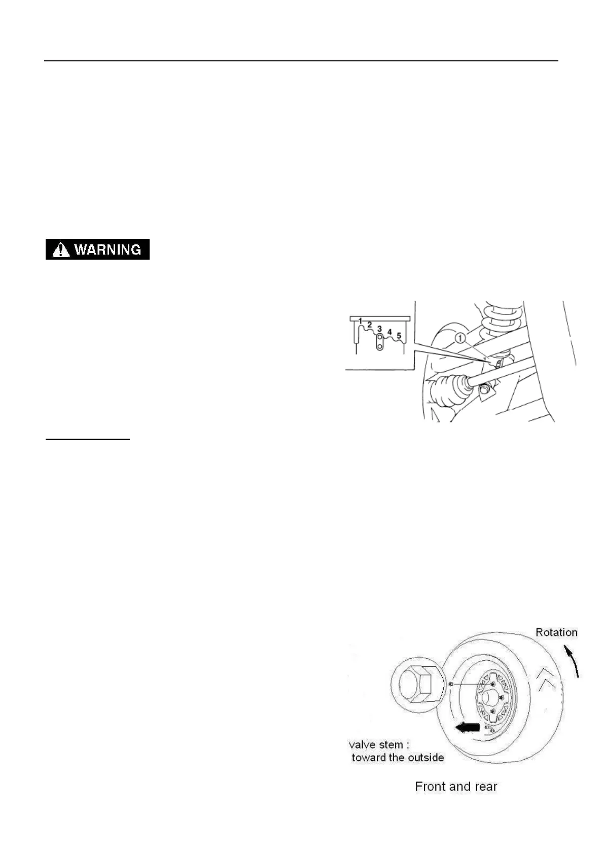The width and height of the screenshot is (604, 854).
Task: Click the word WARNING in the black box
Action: pos(108,250)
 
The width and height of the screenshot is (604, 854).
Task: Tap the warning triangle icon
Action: pos(61,250)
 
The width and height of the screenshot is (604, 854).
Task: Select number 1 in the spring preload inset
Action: pos(360,321)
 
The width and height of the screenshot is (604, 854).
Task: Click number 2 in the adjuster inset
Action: pos(370,325)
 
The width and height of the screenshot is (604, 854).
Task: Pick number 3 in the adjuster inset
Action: pos(379,329)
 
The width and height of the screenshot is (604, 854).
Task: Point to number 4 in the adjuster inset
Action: pos(389,332)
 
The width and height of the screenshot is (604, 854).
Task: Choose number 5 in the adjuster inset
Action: pos(399,336)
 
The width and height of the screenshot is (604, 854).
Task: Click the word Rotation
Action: pos(556,632)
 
